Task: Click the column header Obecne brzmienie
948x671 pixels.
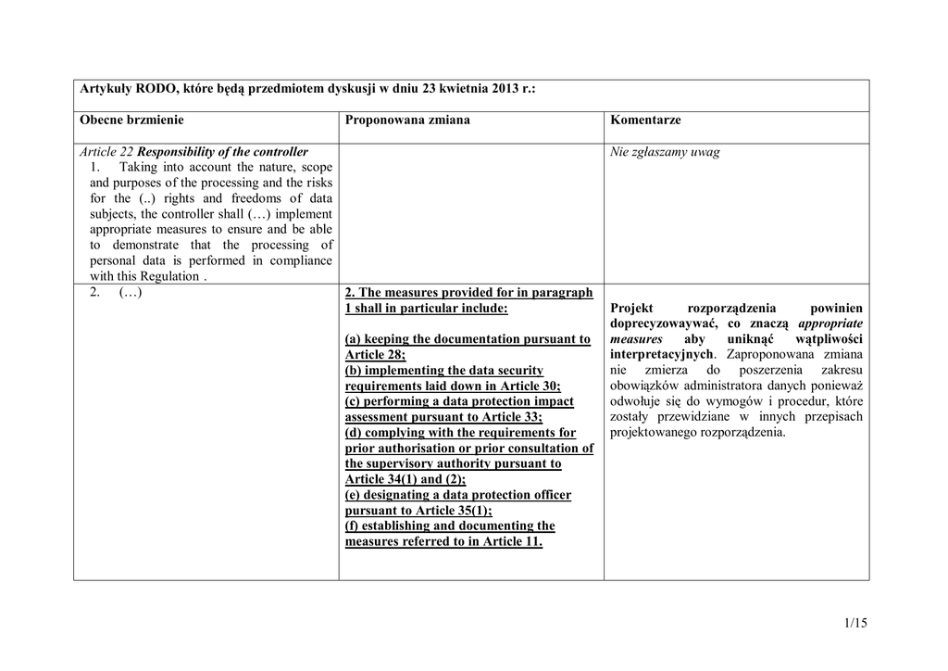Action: (131, 120)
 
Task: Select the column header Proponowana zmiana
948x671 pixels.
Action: (407, 120)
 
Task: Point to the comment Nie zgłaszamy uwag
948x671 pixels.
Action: (665, 152)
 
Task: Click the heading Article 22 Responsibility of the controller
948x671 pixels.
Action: (193, 152)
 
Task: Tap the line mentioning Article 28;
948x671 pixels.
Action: (375, 355)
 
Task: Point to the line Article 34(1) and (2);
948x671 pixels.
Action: (405, 479)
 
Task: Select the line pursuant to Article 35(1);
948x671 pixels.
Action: (418, 511)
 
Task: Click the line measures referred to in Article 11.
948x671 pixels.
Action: (443, 542)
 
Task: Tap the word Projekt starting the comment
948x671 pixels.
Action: (631, 308)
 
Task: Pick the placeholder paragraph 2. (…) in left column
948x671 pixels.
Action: (116, 293)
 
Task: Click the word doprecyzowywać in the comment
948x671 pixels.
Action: (666, 323)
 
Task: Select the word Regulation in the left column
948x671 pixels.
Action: (168, 276)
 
